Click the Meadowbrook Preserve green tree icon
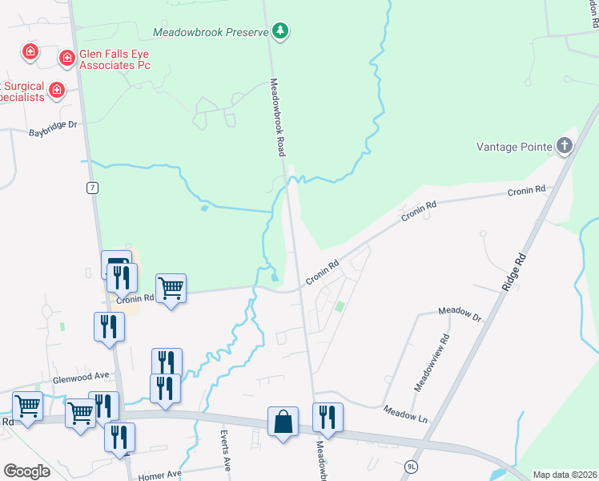tap(279, 32)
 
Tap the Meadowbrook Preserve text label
tap(211, 33)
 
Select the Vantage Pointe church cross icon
tap(565, 146)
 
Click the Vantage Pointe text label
tap(514, 147)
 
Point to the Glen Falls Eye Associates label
tap(115, 59)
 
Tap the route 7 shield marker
tap(93, 188)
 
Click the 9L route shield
tap(412, 465)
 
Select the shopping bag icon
tap(283, 422)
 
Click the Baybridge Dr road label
tap(53, 125)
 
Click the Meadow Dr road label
tap(460, 313)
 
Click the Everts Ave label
tap(225, 452)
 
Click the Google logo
tap(26, 471)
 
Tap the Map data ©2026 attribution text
tap(565, 475)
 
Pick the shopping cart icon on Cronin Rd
tap(171, 287)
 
